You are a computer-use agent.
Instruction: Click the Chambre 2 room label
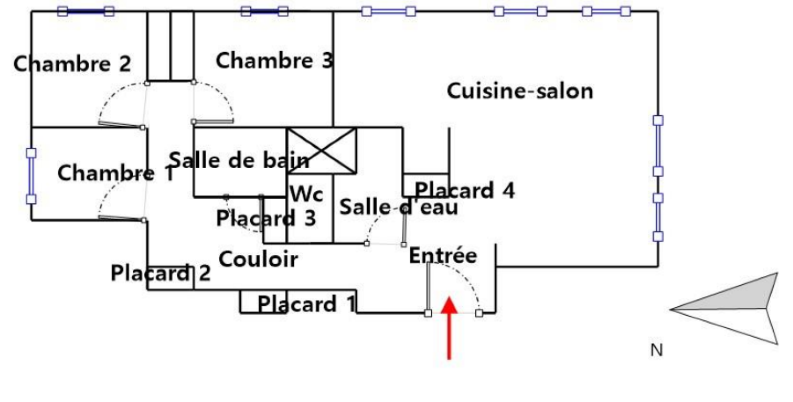click(x=72, y=64)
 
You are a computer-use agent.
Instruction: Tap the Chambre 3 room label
click(x=274, y=60)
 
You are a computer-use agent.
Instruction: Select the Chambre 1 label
click(x=115, y=173)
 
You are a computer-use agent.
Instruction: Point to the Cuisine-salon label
click(x=520, y=91)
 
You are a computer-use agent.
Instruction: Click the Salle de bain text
click(x=239, y=160)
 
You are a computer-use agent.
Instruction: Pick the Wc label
click(x=306, y=194)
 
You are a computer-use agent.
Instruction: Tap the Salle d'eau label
click(x=398, y=207)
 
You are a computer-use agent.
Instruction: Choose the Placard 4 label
click(x=464, y=190)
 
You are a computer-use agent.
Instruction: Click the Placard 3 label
click(x=266, y=218)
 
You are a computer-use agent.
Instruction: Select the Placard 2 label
click(x=160, y=273)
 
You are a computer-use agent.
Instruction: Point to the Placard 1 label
click(x=306, y=304)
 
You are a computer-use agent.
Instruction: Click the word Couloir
click(x=258, y=259)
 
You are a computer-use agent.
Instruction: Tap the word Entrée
click(x=443, y=255)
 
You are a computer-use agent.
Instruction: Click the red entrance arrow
click(x=449, y=327)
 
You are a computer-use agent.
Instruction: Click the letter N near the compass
click(x=656, y=350)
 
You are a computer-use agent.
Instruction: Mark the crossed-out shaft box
click(x=322, y=151)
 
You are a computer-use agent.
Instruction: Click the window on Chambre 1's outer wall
click(x=31, y=176)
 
